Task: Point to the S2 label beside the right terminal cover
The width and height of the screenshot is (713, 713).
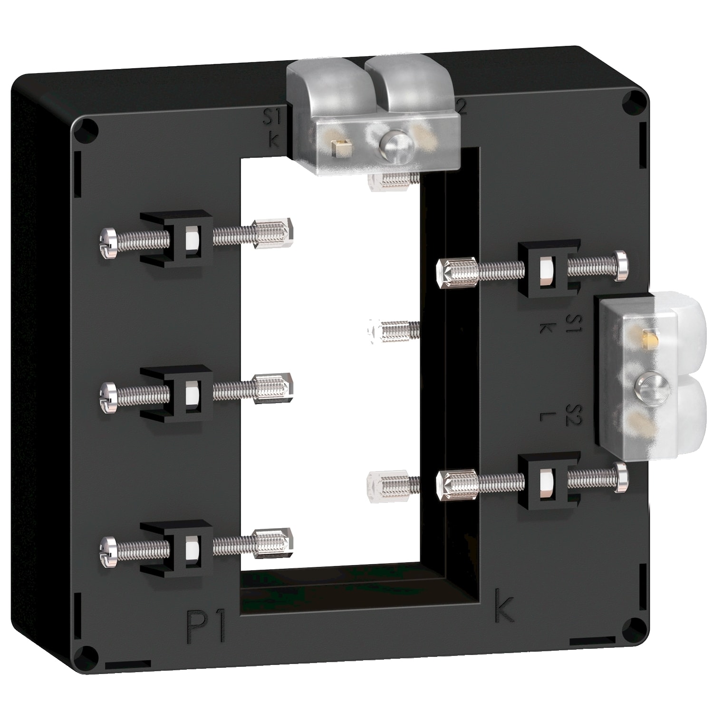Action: pyautogui.click(x=574, y=414)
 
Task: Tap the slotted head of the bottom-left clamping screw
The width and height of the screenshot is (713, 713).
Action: pyautogui.click(x=108, y=551)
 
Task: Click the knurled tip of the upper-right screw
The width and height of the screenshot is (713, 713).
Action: pyautogui.click(x=456, y=272)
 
